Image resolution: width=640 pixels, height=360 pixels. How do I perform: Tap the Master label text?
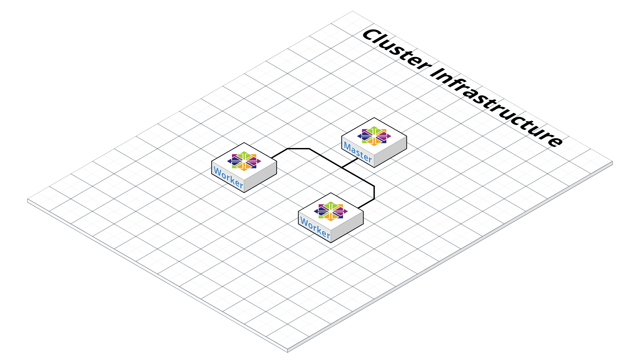coord(358,152)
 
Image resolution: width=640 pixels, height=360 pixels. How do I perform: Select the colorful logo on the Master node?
coord(374,136)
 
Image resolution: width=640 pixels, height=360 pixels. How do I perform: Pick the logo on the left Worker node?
coord(244,161)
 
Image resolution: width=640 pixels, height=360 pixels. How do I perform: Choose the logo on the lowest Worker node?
coord(331,211)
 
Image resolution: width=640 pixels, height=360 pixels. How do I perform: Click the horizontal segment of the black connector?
coord(298,149)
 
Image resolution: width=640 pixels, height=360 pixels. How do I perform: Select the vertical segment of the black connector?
coord(374,193)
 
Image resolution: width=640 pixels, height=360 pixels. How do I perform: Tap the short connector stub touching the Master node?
coord(350,163)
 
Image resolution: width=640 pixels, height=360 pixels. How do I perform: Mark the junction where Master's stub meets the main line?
coord(342,167)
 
